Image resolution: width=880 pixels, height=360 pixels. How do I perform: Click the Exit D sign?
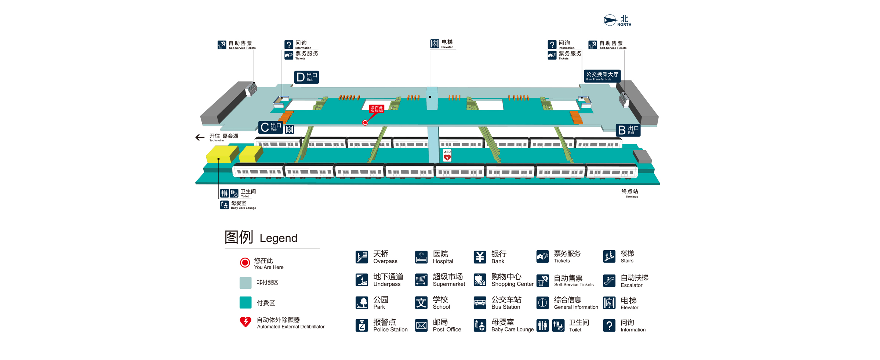[x=306, y=77]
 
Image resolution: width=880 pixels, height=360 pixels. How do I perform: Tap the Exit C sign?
[x=270, y=127]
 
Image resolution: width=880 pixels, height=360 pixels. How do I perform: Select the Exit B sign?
[x=628, y=130]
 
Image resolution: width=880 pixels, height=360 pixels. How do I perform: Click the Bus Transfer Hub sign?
[x=602, y=76]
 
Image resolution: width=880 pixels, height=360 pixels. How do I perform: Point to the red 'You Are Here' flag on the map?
[x=377, y=109]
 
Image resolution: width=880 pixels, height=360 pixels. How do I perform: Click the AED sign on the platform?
[x=447, y=155]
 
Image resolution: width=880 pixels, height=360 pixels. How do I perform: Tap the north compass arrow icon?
[x=610, y=20]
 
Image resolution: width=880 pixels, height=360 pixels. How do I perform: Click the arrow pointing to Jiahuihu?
[x=200, y=138]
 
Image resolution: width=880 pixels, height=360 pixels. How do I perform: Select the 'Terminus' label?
[x=630, y=193]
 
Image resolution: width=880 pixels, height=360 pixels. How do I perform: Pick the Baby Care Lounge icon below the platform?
[x=224, y=205]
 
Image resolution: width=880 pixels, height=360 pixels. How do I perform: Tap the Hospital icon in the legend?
[x=421, y=257]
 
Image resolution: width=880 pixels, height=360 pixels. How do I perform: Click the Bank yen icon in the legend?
[x=480, y=257]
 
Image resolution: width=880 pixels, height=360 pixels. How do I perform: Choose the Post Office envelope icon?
[x=421, y=326]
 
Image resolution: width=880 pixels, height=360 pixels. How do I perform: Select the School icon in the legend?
[x=421, y=303]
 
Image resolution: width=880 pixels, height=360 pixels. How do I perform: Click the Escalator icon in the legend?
[x=609, y=281]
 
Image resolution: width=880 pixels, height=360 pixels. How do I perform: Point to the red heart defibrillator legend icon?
[x=246, y=322]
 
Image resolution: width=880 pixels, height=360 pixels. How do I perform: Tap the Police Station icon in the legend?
[x=362, y=326]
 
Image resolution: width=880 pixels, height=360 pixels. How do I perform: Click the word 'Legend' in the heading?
[x=278, y=238]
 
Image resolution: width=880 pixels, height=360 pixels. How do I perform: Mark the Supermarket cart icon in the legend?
[x=421, y=280]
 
